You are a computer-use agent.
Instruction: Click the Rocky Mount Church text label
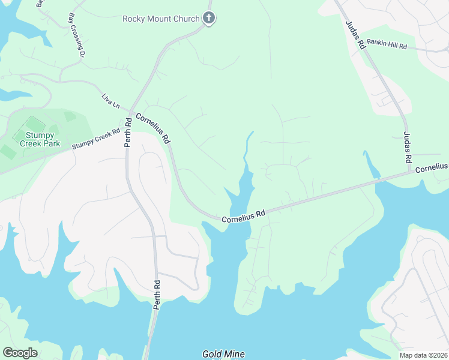[160, 19]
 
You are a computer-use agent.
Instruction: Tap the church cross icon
[209, 18]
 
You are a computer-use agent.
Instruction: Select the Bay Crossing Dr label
[76, 35]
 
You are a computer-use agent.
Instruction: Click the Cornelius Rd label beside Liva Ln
[153, 128]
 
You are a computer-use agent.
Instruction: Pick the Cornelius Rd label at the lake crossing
[243, 216]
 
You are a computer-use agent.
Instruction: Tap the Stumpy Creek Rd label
[96, 139]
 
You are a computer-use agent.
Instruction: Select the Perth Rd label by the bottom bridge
[157, 294]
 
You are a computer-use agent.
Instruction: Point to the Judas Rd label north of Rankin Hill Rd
[356, 34]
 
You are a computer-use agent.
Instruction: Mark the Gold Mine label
[223, 354]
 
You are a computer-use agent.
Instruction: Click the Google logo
[20, 353]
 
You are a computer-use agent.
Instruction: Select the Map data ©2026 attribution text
[423, 355]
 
